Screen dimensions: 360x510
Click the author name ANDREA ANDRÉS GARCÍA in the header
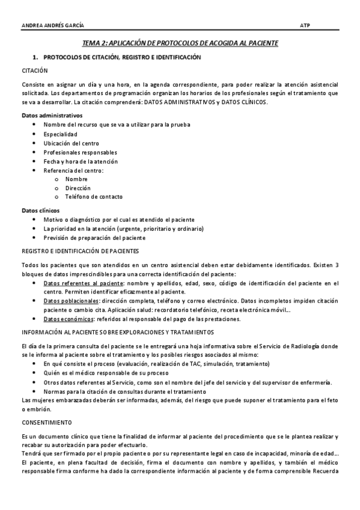point(53,25)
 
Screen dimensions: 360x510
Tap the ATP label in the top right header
point(305,25)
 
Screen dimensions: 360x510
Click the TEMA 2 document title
point(180,44)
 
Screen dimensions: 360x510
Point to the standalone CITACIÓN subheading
point(35,70)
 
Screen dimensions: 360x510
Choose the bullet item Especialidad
point(61,134)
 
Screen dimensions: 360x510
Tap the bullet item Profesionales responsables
point(81,152)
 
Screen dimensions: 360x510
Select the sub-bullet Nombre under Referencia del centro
point(76,179)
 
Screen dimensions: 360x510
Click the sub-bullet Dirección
point(78,188)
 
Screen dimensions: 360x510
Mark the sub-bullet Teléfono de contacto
point(94,197)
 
